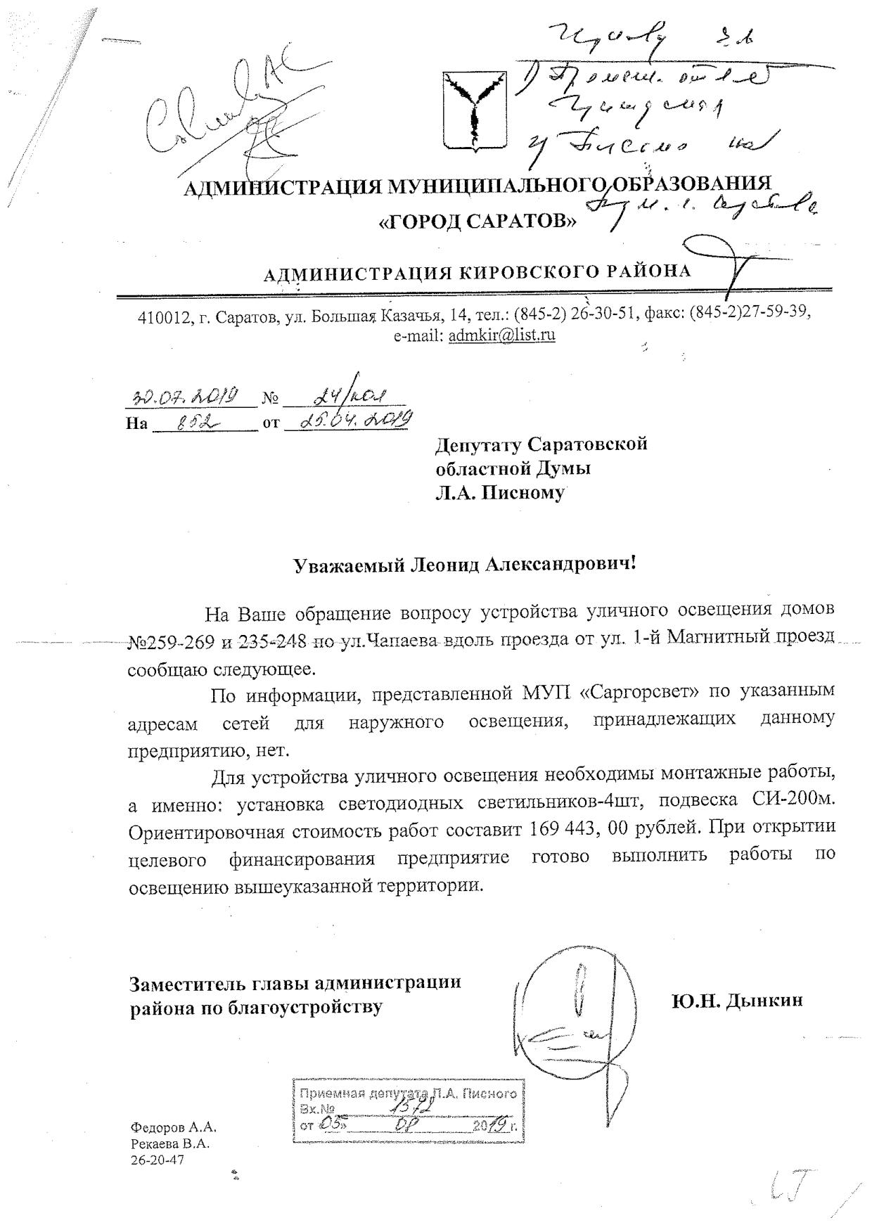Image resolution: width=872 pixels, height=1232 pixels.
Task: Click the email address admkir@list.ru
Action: click(x=501, y=335)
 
